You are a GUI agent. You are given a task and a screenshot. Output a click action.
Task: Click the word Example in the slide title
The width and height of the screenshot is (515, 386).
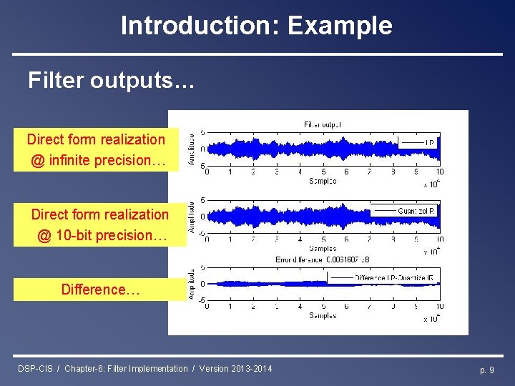coord(340,26)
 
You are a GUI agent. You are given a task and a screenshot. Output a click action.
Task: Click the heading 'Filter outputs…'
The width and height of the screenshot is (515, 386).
coord(111,81)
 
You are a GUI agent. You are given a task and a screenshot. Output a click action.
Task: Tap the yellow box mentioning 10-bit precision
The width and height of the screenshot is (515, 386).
coord(99,224)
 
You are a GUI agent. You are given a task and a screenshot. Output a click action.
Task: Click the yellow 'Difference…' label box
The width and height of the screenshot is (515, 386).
coord(100,289)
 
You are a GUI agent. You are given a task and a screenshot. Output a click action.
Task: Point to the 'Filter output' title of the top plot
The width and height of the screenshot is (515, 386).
coord(323,124)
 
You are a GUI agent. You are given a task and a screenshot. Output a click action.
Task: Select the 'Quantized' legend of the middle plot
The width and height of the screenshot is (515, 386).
coord(405,211)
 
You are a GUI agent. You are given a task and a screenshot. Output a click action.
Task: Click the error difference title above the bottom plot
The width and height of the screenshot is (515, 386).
coord(323,259)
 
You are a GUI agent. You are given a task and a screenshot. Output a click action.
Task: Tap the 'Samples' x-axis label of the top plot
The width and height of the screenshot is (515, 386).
coord(323,181)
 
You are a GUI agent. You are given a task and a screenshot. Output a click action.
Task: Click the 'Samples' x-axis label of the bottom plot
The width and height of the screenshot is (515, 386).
coord(323,315)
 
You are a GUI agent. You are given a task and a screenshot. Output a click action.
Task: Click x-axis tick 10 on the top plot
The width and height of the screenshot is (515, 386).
coord(439,172)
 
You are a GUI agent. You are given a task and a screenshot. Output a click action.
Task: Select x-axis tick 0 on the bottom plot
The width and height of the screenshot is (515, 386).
coord(207,307)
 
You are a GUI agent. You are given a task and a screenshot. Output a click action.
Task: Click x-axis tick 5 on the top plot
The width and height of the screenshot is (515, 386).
coord(323,172)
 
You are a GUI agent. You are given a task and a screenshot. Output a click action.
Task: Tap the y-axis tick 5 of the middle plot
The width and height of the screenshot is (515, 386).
coord(202,200)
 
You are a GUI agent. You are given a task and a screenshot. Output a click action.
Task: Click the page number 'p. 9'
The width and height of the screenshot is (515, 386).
coord(486,369)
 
